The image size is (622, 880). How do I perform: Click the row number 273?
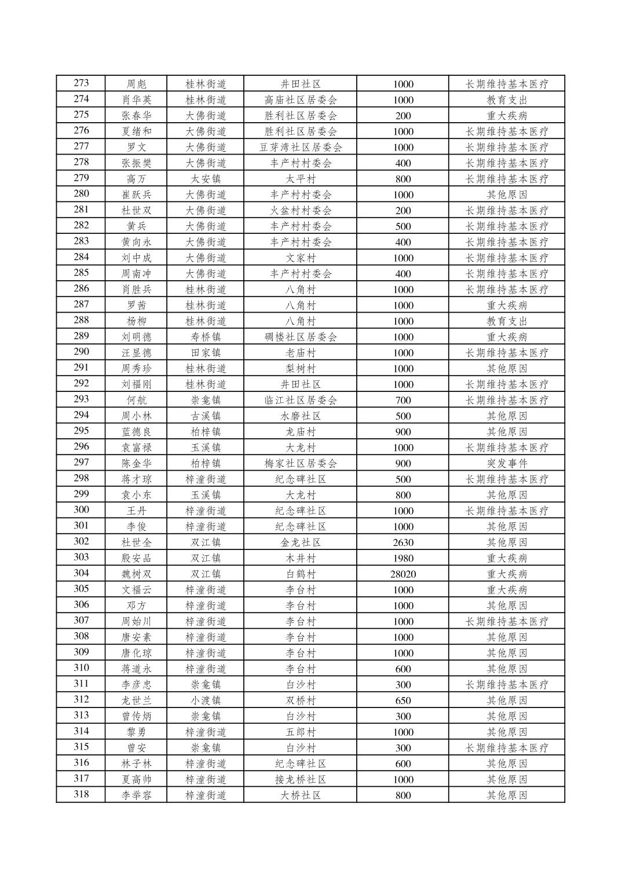click(81, 83)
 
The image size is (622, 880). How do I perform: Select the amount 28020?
click(403, 574)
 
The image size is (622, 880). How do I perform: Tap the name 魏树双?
click(136, 574)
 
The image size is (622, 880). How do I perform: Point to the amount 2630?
click(403, 542)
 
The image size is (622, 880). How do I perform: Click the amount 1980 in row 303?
click(403, 558)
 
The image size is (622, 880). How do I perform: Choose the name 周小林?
click(136, 416)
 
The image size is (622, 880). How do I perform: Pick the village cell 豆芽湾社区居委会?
click(300, 147)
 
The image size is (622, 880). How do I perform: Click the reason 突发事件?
click(507, 463)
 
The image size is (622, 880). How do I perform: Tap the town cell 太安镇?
click(205, 179)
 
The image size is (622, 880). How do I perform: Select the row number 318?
click(81, 795)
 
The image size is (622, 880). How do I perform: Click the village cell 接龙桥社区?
click(300, 779)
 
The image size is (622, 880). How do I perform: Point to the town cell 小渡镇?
click(205, 701)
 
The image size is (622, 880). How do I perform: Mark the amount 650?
click(403, 701)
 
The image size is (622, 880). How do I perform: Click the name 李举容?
click(136, 795)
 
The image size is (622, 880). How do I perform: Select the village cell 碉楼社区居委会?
click(300, 337)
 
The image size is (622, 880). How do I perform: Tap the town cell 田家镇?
click(205, 353)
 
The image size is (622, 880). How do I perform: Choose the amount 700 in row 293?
click(403, 400)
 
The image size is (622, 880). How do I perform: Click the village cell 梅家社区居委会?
click(300, 463)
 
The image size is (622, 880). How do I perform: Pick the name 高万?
click(136, 179)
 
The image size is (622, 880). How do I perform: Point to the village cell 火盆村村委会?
click(300, 211)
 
